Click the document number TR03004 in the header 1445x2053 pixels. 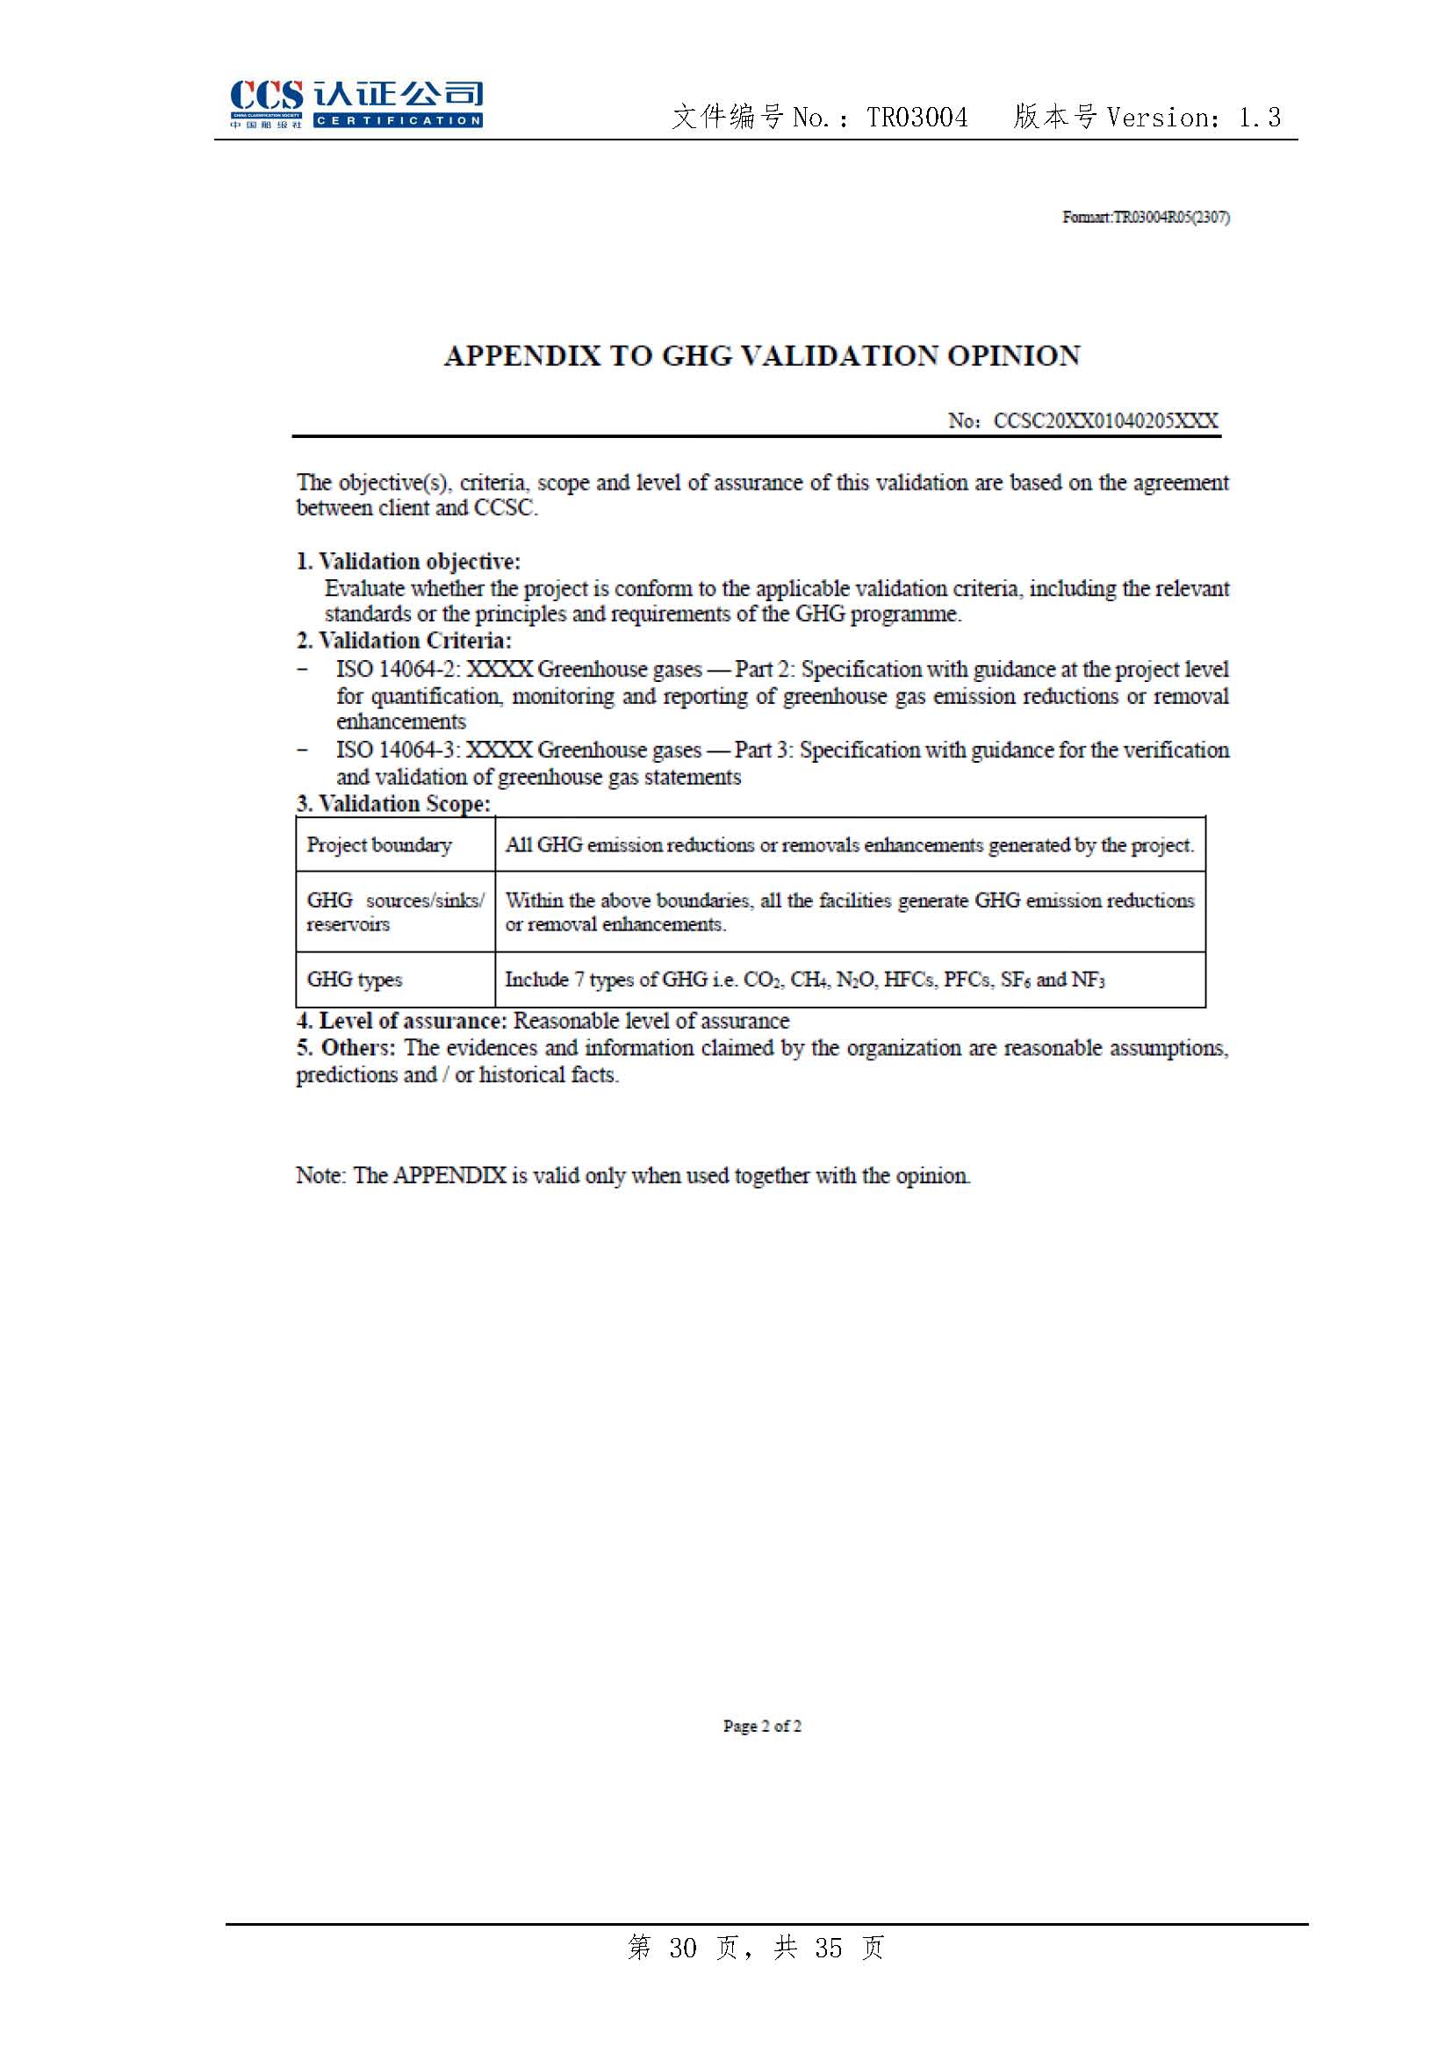917,118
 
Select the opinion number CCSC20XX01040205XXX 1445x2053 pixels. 1105,421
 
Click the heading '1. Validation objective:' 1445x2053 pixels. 408,562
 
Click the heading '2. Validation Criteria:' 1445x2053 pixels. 404,640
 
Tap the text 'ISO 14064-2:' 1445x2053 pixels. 399,669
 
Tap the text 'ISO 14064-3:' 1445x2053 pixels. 399,750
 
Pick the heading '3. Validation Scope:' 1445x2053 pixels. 393,803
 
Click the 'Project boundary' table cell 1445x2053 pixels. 379,845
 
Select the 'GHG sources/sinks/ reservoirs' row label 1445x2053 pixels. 394,912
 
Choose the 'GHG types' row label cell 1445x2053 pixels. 355,980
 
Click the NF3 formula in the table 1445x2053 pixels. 1088,980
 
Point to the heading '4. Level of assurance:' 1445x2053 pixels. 401,1020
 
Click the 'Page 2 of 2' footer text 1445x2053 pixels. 762,1726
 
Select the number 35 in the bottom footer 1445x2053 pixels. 828,1948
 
